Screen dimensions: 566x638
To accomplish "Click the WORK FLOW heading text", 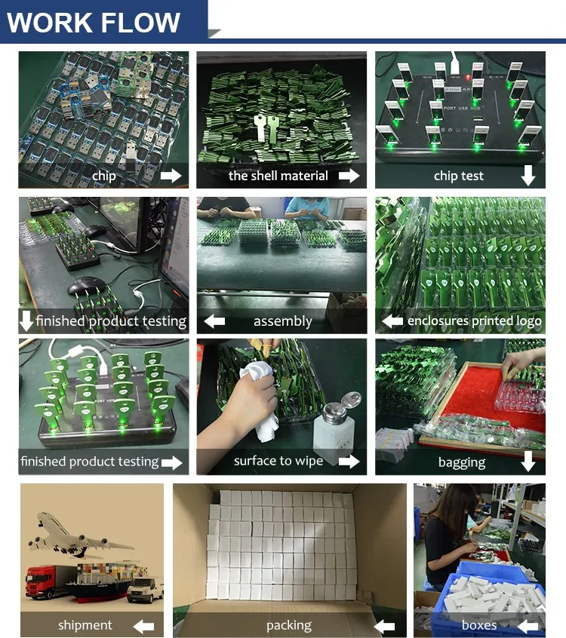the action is [94, 22].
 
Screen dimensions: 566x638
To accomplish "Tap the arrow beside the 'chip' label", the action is [171, 176].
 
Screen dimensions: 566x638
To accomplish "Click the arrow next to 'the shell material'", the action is [349, 176].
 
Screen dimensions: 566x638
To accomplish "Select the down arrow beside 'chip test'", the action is [528, 176].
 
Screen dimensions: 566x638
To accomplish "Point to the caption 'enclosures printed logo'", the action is [475, 321].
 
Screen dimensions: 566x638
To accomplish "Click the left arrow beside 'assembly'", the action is [214, 321].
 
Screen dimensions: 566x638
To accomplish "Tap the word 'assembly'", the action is [282, 321].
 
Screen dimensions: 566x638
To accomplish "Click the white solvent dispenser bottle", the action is [336, 429].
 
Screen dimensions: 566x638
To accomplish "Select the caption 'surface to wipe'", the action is [278, 461].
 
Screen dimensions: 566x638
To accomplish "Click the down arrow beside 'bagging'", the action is [528, 462].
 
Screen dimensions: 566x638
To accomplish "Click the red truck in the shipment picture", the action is [49, 581].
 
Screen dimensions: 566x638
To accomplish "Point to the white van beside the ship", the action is [146, 590].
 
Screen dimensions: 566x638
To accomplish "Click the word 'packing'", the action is [289, 625].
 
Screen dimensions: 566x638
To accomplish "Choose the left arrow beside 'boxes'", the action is [528, 625].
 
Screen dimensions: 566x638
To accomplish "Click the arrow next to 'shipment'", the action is [143, 626].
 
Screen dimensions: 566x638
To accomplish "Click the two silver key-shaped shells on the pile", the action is [265, 127].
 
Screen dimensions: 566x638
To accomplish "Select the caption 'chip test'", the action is [459, 176].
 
